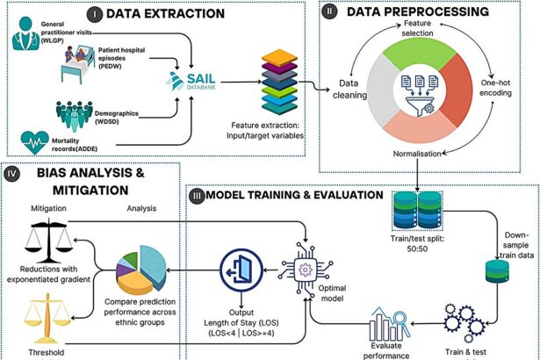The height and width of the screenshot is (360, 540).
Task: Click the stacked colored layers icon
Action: coord(282,83)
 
